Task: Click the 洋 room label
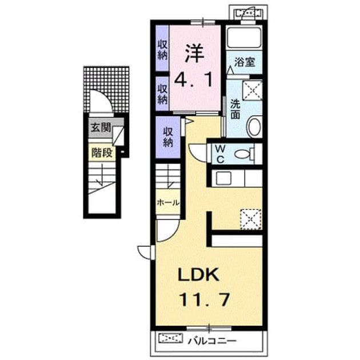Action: [x=195, y=53]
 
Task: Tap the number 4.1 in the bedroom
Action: [x=194, y=79]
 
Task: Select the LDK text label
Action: [x=199, y=275]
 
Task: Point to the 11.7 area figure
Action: [x=205, y=299]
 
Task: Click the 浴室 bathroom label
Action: [x=245, y=62]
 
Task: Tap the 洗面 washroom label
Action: [x=235, y=109]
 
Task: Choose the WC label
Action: [x=220, y=155]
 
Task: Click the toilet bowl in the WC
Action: [x=243, y=154]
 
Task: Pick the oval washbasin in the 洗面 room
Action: [x=254, y=126]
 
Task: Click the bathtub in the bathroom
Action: [x=244, y=37]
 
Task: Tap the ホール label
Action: [x=168, y=202]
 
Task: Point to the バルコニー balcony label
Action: [x=212, y=341]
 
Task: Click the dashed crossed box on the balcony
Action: [x=171, y=338]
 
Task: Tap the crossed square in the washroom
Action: [x=253, y=90]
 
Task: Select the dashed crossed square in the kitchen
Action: [x=251, y=219]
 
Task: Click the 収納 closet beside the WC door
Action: [x=168, y=137]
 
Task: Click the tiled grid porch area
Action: [x=106, y=90]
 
